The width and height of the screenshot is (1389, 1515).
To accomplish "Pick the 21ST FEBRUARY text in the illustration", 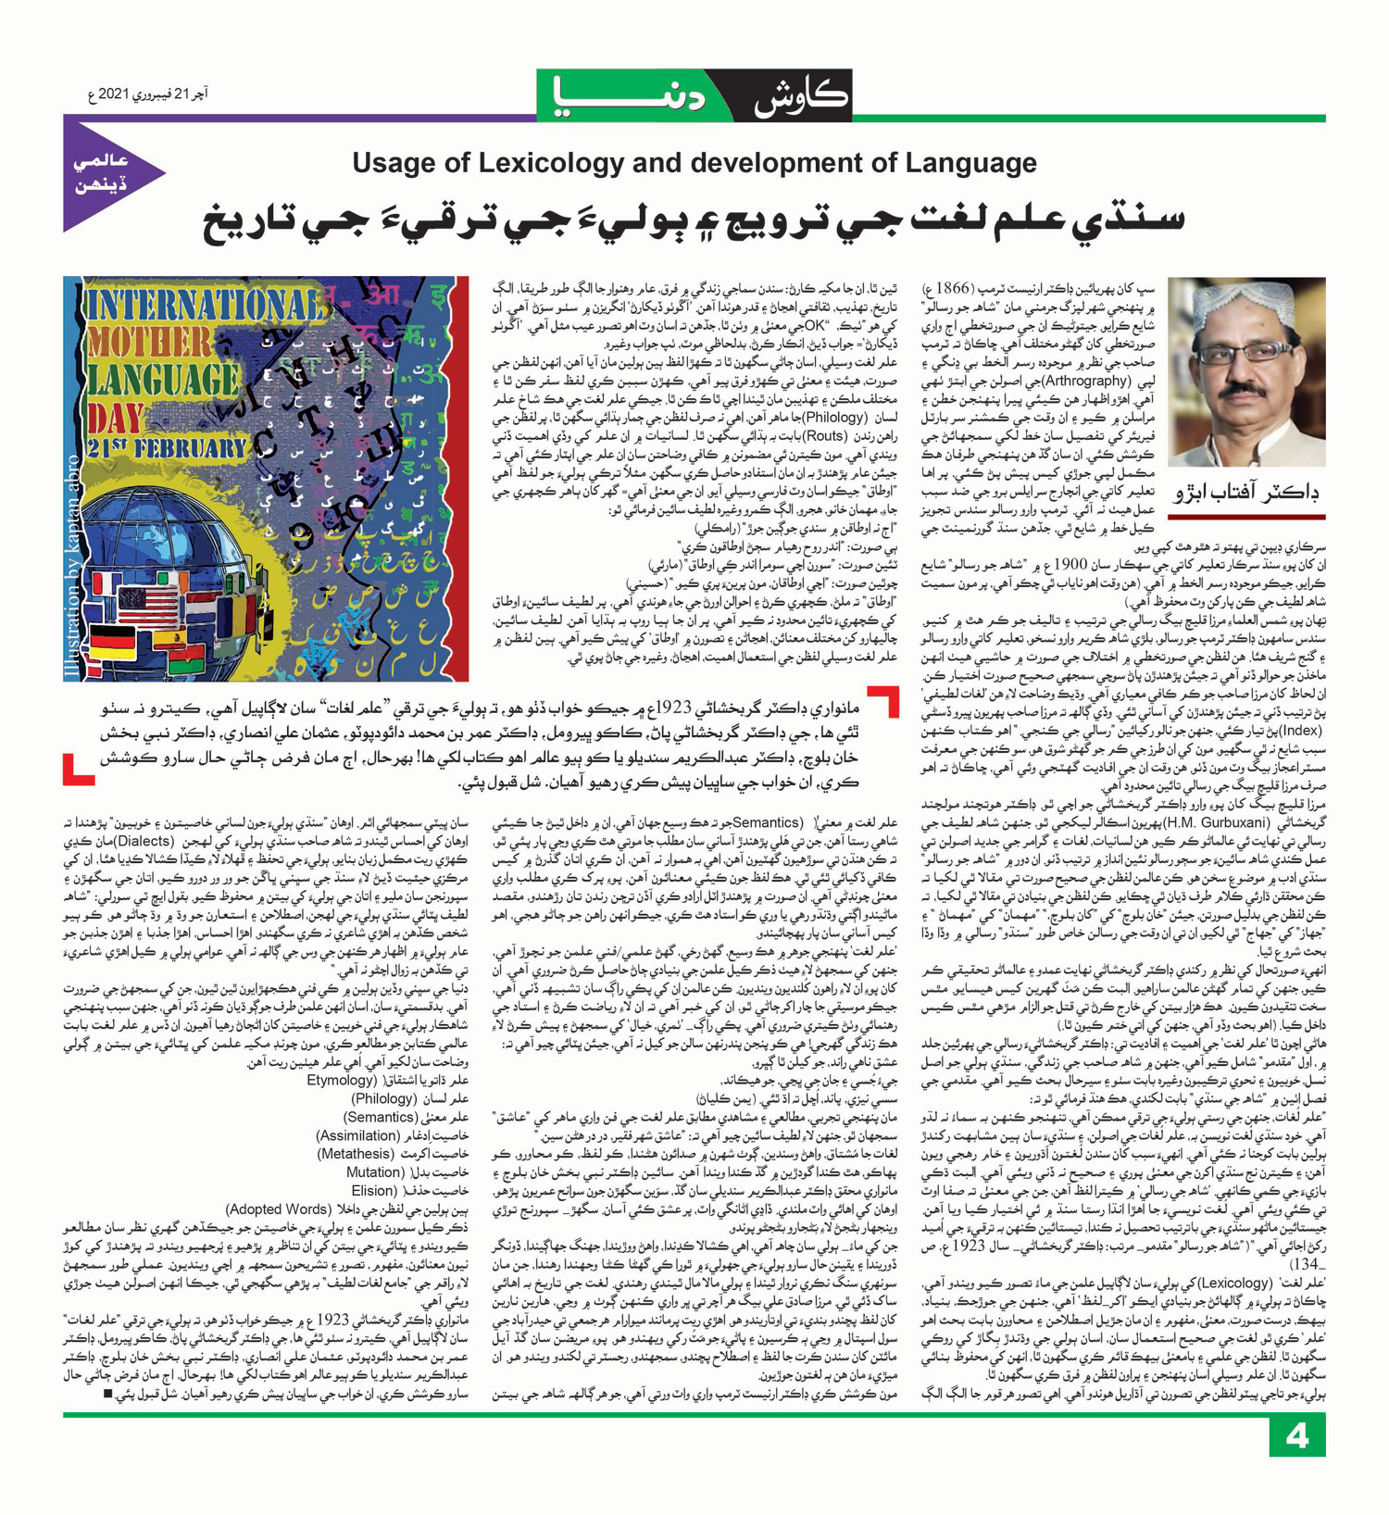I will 167,450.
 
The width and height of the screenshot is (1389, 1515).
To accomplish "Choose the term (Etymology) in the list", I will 342,1080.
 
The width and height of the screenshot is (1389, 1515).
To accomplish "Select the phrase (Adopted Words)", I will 278,1209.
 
